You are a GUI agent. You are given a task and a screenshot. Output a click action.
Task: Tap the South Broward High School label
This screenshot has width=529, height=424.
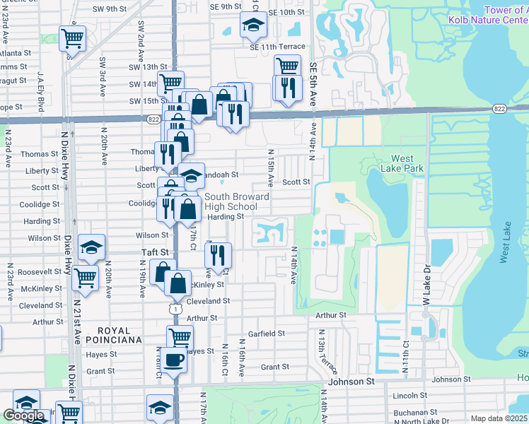[237, 201]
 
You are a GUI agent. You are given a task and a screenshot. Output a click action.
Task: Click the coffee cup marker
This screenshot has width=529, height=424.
[173, 361]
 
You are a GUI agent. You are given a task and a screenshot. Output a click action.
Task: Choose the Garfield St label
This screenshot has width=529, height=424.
[266, 334]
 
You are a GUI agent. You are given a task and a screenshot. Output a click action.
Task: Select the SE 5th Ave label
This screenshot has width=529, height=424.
[313, 81]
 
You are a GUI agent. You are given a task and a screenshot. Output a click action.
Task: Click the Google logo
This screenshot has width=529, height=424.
[24, 416]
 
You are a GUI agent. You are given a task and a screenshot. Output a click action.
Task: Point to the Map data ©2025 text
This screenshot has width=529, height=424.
[499, 418]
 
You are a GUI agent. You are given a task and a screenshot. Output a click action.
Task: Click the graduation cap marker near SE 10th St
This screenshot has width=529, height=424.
[251, 26]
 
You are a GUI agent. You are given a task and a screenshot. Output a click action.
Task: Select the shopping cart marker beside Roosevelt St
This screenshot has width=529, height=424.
[85, 278]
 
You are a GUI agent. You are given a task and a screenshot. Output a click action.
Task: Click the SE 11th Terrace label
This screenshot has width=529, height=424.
[277, 47]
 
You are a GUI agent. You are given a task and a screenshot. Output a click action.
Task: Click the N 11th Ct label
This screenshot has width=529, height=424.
[407, 357]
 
